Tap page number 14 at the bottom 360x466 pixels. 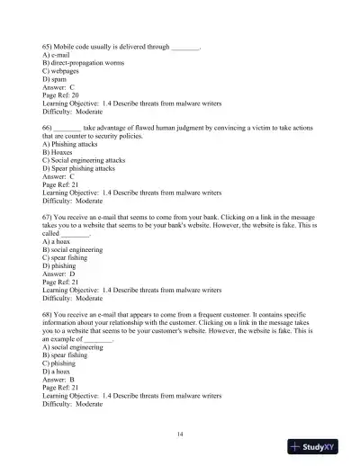click(x=181, y=435)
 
